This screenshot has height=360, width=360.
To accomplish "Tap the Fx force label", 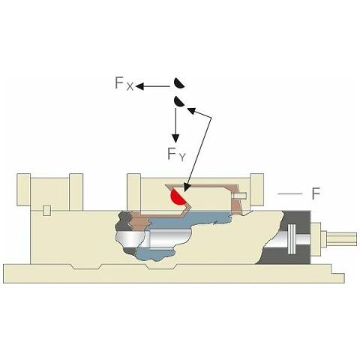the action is coord(124,83).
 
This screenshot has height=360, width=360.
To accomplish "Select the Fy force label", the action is coord(176,154).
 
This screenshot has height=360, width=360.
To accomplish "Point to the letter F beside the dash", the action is coord(316,193).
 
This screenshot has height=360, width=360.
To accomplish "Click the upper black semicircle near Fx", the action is coord(178,84).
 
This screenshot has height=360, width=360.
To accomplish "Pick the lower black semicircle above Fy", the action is coord(178,101).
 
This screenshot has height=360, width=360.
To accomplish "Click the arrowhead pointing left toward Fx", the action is coord(139,86).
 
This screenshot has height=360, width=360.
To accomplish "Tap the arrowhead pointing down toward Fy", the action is coord(175,138).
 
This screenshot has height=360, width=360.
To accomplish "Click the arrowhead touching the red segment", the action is coord(187,187).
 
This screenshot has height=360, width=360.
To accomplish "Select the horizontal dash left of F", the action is coord(290,193).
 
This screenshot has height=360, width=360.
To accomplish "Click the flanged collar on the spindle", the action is coord(292,238).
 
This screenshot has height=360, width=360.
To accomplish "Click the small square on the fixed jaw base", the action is coord(46,210).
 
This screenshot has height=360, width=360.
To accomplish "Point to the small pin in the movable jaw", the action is coord(239,196).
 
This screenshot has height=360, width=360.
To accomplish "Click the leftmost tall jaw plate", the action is coord(23,190).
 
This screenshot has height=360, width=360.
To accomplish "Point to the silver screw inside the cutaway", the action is coord(153,239).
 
